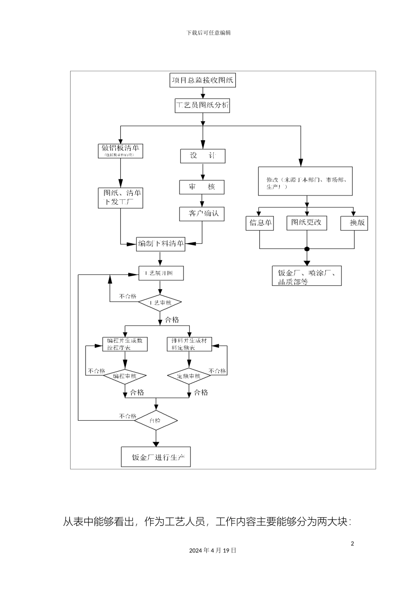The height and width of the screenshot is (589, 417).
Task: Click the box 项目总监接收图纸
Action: pyautogui.click(x=202, y=80)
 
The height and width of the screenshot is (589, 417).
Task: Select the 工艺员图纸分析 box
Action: pyautogui.click(x=202, y=106)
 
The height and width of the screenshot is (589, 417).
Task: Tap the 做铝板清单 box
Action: pyautogui.click(x=120, y=150)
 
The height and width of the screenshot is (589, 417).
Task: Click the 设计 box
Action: pyautogui.click(x=202, y=156)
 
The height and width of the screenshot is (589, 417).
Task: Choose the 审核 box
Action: pyautogui.click(x=202, y=187)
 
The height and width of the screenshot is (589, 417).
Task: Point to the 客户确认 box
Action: pyautogui.click(x=202, y=213)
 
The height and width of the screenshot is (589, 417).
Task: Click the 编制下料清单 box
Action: pyautogui.click(x=161, y=244)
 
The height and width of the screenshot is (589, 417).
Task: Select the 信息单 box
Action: pyautogui.click(x=260, y=223)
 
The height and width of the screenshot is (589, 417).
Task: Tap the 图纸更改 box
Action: pyautogui.click(x=306, y=223)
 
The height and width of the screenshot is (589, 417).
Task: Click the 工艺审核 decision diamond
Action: pyautogui.click(x=160, y=303)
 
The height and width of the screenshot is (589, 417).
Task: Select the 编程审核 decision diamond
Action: pyautogui.click(x=125, y=376)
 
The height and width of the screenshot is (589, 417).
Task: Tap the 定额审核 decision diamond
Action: pyautogui.click(x=189, y=376)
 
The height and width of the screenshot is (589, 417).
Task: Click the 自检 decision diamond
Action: pyautogui.click(x=155, y=421)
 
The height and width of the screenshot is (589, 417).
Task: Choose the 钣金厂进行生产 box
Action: pyautogui.click(x=156, y=458)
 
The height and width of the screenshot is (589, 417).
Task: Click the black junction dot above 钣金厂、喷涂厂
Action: pyautogui.click(x=307, y=249)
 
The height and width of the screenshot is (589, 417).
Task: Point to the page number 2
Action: pyautogui.click(x=352, y=544)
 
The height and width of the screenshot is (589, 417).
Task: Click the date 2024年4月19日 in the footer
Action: pyautogui.click(x=213, y=550)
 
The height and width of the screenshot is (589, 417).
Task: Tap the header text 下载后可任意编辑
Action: pyautogui.click(x=208, y=33)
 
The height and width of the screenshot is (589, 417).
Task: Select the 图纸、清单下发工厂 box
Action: pyautogui.click(x=120, y=198)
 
